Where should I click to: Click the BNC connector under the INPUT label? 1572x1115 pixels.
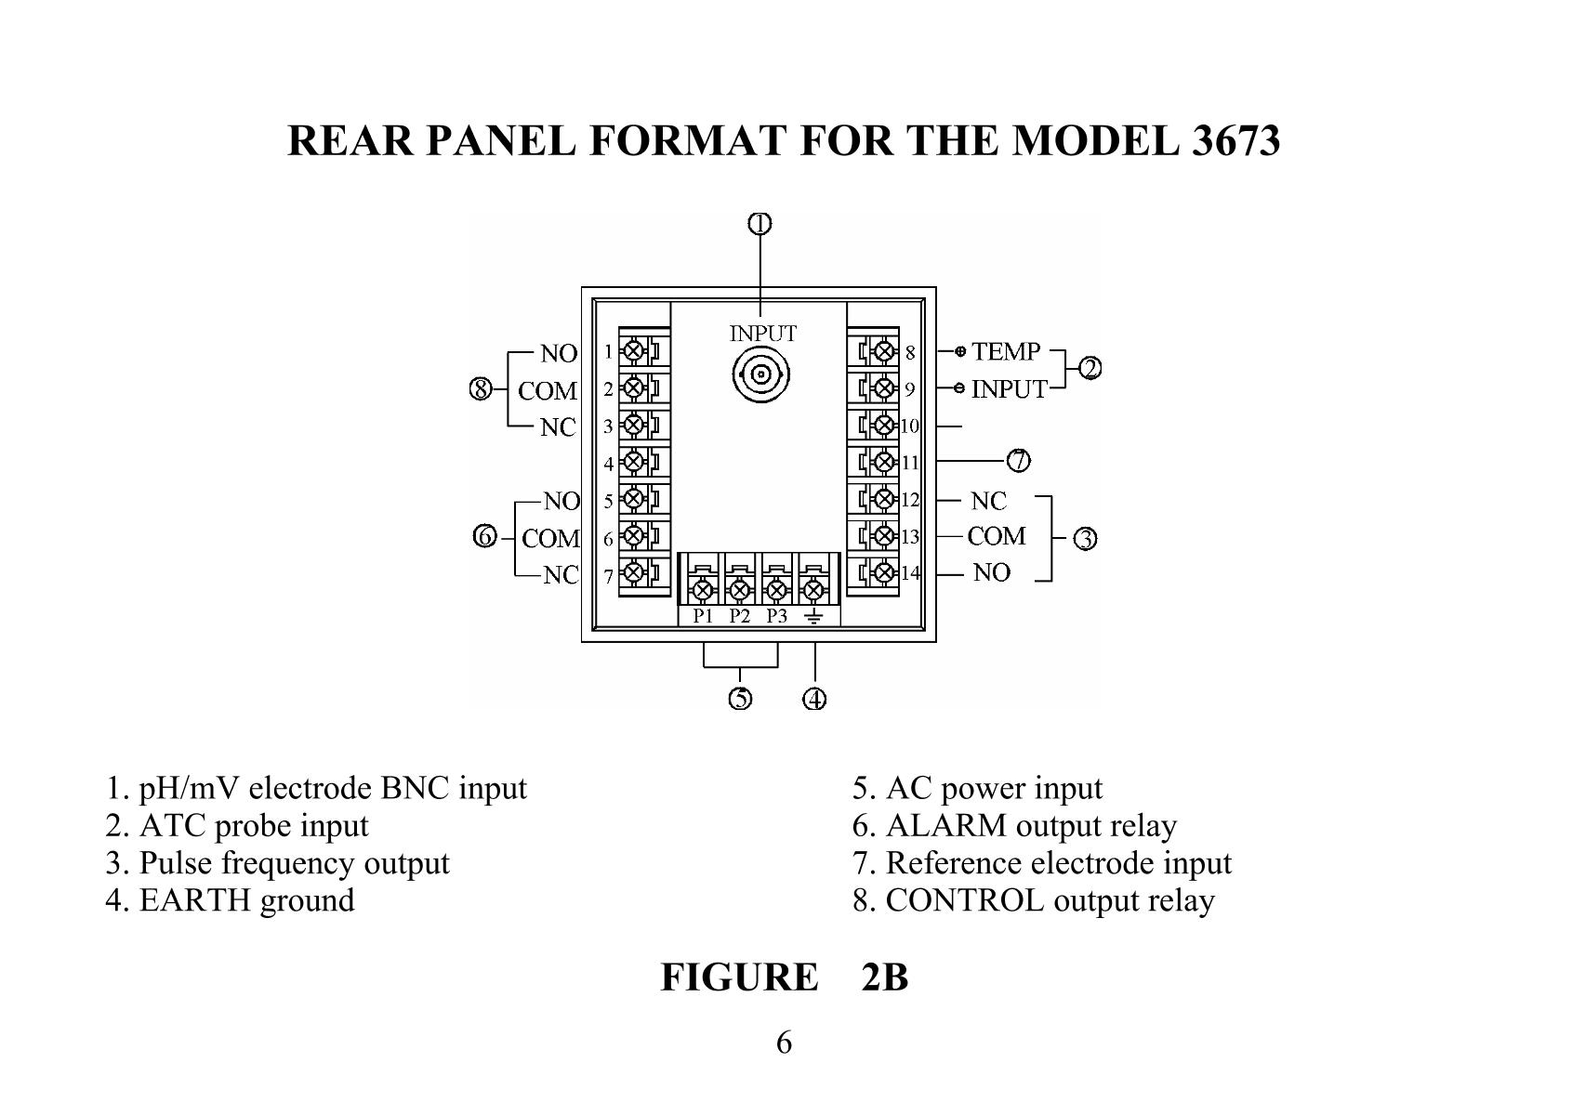pos(761,375)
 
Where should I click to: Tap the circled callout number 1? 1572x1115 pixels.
pos(760,224)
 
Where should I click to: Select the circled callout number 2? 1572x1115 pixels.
pos(1090,369)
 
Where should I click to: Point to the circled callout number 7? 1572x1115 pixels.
pos(1019,460)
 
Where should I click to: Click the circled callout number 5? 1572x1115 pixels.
pos(740,699)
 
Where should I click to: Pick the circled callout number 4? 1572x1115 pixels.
pos(814,699)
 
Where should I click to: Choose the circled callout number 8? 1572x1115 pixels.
pos(480,389)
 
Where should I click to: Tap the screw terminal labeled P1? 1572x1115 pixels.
pos(703,589)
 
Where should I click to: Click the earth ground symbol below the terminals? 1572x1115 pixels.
pos(814,616)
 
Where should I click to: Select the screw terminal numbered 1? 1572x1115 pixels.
pos(634,351)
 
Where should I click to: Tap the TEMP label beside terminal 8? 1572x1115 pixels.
pos(1006,351)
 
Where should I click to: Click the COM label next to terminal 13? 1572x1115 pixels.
pos(997,536)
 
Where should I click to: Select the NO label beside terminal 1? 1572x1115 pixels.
pos(559,353)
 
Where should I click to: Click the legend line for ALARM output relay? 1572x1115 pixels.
pos(1014,825)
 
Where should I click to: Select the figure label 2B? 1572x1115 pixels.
pos(884,977)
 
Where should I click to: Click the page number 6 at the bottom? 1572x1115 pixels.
pos(784,1043)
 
